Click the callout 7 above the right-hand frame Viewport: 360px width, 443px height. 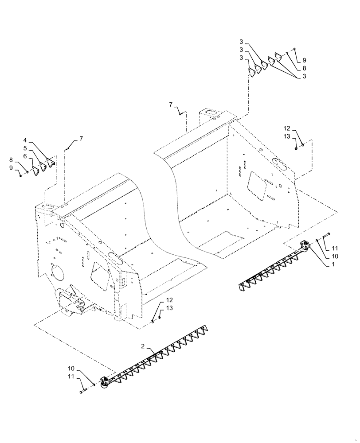point(171,104)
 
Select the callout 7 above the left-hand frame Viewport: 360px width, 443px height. point(81,139)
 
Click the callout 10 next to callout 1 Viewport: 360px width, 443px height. point(334,256)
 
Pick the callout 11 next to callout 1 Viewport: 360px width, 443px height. point(334,248)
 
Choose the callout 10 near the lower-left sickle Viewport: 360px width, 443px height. point(71,368)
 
